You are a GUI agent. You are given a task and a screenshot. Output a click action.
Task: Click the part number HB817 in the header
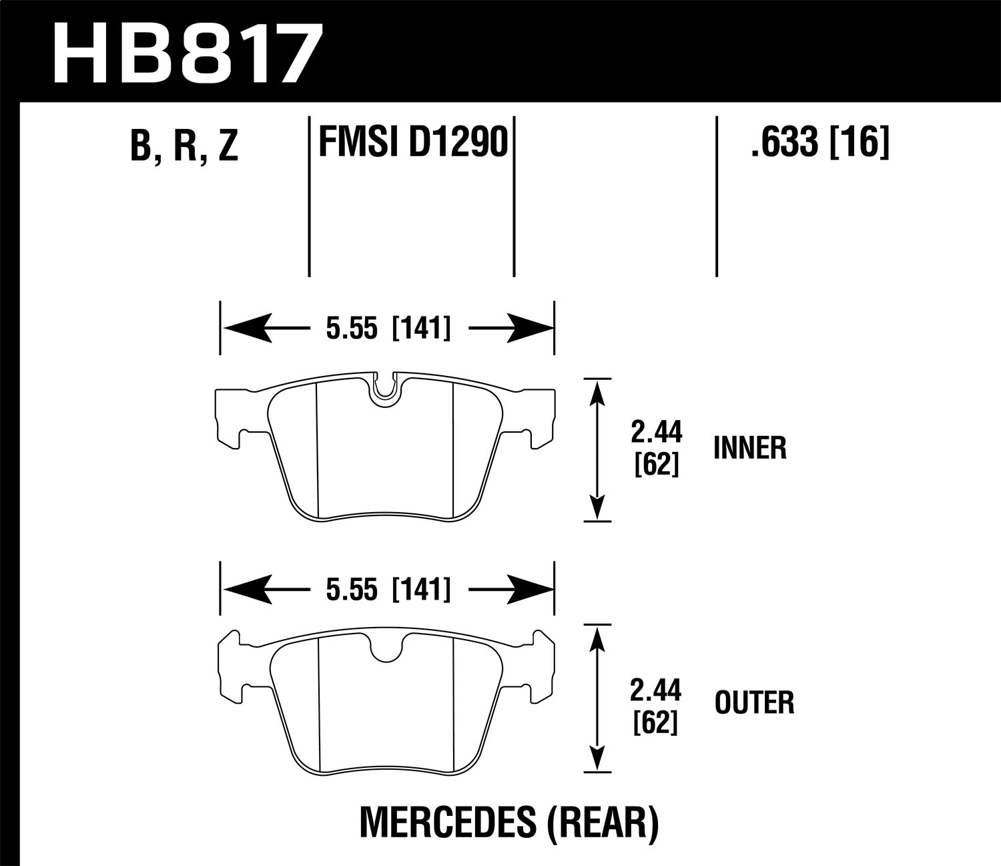point(187,53)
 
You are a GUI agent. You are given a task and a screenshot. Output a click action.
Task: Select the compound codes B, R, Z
point(184,146)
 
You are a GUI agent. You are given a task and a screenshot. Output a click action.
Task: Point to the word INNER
point(750,448)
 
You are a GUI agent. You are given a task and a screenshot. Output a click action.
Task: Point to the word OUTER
point(754,703)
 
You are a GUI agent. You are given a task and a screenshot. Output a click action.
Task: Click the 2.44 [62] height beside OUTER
point(657,703)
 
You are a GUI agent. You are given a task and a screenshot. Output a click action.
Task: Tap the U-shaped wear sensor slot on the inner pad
point(384,389)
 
